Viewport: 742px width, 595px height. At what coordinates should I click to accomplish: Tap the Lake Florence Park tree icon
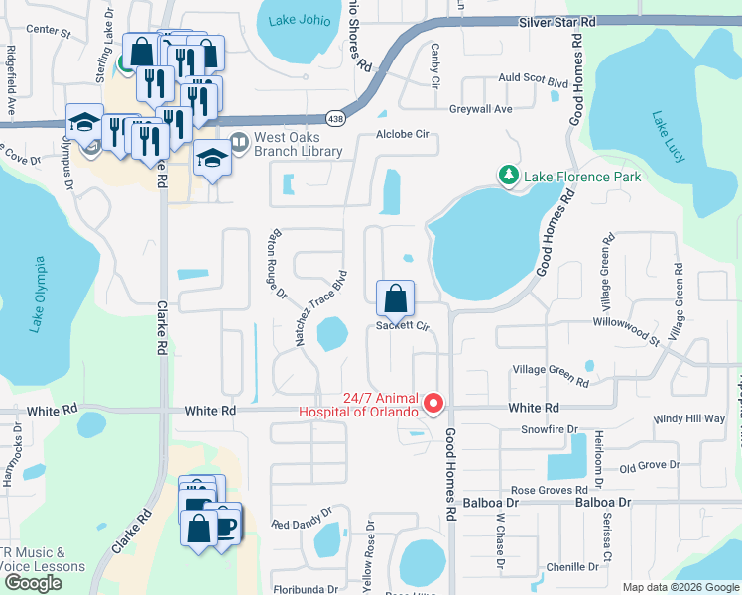click(509, 176)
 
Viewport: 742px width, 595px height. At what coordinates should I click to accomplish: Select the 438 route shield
click(336, 117)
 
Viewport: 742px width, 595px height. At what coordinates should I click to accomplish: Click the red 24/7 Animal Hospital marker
click(433, 403)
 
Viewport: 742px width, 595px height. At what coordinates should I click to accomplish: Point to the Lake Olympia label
click(38, 296)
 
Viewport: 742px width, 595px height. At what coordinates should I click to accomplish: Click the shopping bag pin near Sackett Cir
click(395, 297)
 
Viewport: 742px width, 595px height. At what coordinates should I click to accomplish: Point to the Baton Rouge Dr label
click(274, 265)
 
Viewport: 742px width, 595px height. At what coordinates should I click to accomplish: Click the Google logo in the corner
click(32, 583)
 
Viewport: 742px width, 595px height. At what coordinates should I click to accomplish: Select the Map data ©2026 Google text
click(680, 587)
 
